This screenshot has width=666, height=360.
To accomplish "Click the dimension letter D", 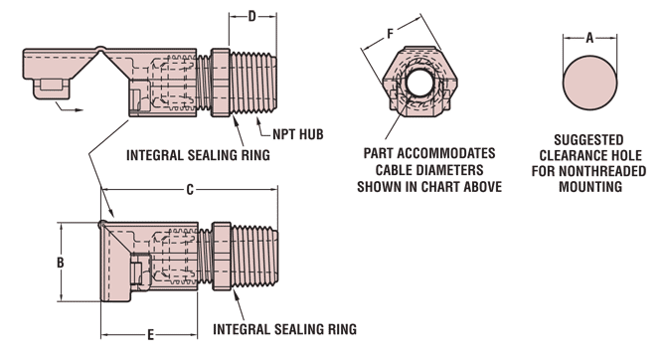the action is (x=251, y=17).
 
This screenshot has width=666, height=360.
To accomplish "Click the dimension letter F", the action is (x=390, y=34).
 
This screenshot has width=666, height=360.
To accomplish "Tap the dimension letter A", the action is (x=589, y=38).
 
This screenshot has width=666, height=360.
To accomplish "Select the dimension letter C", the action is (x=190, y=190).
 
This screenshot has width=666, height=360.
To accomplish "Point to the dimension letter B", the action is (x=61, y=263).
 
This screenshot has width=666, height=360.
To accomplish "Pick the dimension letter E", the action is (x=150, y=335).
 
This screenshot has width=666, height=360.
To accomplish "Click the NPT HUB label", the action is (x=298, y=134).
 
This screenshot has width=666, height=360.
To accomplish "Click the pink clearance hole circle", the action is (x=589, y=83).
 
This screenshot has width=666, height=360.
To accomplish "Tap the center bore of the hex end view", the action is (x=420, y=83).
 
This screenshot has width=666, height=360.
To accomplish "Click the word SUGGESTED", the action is (x=588, y=140).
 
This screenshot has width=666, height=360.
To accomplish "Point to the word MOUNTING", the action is (x=590, y=187).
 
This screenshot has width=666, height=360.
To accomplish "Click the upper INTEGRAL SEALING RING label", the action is (x=198, y=155).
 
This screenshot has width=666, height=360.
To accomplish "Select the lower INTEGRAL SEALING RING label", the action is (x=284, y=329).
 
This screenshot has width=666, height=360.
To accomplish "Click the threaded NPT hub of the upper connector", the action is (x=253, y=83).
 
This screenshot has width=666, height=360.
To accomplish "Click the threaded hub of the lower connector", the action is (x=254, y=257).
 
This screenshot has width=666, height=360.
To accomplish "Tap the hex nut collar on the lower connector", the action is (x=222, y=257).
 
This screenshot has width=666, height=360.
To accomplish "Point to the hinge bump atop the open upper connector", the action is (x=99, y=49).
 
